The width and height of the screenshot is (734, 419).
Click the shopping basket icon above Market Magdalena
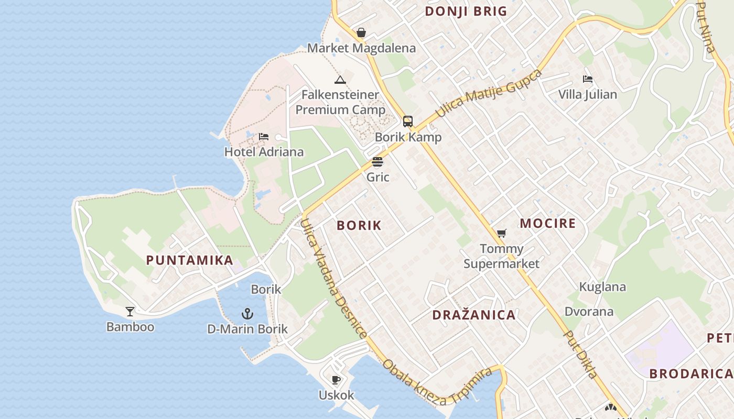(x=361, y=32)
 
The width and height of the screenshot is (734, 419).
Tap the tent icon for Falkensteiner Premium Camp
(x=340, y=80)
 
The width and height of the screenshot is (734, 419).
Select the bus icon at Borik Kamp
(x=408, y=122)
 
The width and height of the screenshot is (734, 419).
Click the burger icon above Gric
(x=377, y=162)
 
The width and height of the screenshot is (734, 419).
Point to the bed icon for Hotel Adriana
(x=264, y=137)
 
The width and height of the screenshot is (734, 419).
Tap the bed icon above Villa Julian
(x=588, y=79)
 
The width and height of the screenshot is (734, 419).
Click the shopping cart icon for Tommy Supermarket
(x=502, y=233)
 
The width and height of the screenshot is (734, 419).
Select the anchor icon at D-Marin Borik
(x=247, y=314)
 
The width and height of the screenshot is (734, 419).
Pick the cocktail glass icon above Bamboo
(x=130, y=312)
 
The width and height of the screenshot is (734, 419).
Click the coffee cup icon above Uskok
(x=336, y=380)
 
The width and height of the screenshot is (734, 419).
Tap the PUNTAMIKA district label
(x=189, y=260)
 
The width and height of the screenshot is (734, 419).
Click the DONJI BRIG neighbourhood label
(x=466, y=11)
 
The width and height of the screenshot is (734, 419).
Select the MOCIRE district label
(x=548, y=224)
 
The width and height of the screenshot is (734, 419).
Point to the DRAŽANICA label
(x=474, y=315)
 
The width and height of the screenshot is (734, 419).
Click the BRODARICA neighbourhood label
(x=690, y=374)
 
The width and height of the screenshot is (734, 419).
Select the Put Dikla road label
(x=580, y=354)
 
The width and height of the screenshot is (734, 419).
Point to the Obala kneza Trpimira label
(x=437, y=385)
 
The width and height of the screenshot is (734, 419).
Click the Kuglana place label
(x=602, y=287)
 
